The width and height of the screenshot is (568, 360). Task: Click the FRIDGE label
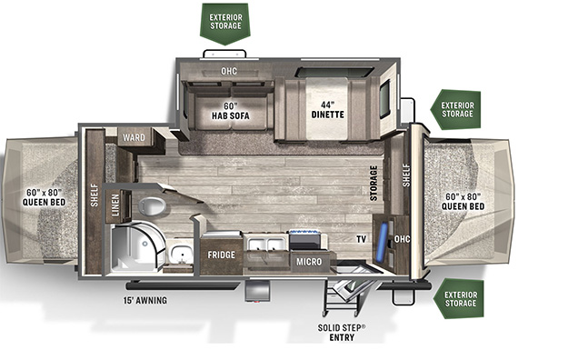[x=222, y=255]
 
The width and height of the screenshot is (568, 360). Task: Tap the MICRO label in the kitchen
[x=309, y=262]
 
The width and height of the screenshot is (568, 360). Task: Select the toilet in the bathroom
[x=152, y=206]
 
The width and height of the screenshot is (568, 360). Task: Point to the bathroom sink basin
[x=180, y=253]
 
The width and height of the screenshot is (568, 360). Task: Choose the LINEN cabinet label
[x=115, y=205]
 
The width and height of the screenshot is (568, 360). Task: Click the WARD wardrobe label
[x=134, y=137]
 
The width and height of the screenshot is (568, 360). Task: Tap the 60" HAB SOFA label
[x=231, y=111]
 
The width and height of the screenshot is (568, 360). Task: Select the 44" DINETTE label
[x=328, y=109]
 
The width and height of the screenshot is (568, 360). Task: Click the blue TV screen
[x=382, y=243]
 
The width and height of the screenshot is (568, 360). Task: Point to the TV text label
[x=361, y=239]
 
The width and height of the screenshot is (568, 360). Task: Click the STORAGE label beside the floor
[x=374, y=183]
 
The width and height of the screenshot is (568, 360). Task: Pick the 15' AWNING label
[x=145, y=300]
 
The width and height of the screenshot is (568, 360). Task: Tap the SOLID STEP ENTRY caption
[x=342, y=333]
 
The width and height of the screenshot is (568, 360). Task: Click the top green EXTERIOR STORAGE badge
[x=225, y=24]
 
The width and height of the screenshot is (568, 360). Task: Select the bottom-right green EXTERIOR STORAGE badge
[x=459, y=299]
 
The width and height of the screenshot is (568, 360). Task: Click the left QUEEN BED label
[x=45, y=197]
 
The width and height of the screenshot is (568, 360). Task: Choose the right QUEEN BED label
[x=463, y=201]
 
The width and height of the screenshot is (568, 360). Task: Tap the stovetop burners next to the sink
[x=304, y=239]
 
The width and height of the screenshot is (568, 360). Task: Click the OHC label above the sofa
[x=229, y=71]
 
